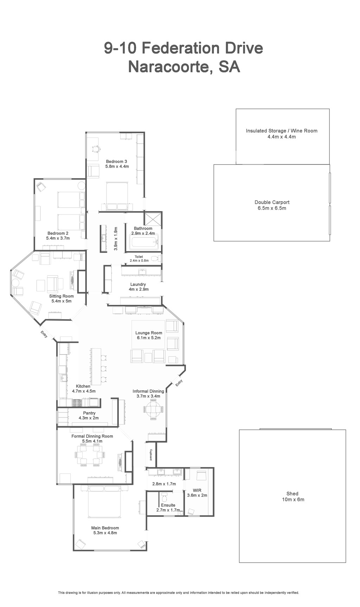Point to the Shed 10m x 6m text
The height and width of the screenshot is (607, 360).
point(292,497)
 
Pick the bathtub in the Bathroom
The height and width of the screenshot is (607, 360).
point(144,243)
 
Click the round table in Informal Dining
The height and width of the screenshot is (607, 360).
point(153,409)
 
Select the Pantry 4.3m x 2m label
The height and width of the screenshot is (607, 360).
point(89,416)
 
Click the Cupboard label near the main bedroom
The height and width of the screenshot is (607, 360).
point(151,455)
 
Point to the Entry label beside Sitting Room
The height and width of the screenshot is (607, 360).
point(44,334)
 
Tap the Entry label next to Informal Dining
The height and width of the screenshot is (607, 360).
point(179,382)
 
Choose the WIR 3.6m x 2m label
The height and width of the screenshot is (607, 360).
point(197,493)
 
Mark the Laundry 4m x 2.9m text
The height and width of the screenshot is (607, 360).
point(138,287)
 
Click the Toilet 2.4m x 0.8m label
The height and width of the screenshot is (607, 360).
point(139,258)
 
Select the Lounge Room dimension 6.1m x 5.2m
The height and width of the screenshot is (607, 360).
point(149,338)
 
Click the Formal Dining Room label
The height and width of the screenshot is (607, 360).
point(92,436)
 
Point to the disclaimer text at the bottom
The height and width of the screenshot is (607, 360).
point(179,593)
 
